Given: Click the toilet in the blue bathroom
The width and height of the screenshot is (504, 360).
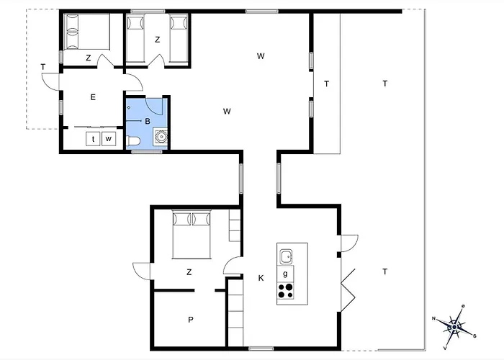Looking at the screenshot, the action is pos(133,141).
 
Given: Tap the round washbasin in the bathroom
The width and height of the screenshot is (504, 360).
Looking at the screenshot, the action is pos(161,136).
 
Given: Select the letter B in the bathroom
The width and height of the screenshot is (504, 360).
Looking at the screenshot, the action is pos(148,121).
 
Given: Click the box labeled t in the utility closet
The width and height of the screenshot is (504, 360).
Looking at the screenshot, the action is pos(93,139).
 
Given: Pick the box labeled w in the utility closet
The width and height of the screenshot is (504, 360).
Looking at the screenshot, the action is pos(109,139).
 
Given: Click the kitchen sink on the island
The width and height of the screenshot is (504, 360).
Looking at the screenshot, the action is pos(285,257).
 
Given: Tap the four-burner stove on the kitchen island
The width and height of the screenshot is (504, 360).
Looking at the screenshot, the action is pos(285,291).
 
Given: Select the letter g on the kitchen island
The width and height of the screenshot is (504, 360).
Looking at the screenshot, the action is pos(285,274).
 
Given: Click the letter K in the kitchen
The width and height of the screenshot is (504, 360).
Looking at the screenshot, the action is pos(261,278).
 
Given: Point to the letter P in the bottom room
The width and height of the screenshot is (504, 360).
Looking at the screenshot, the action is pos(191,320).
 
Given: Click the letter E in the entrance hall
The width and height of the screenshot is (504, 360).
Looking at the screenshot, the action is pos(93,97).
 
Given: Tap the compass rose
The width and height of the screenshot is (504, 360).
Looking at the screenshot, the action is pos(454,327).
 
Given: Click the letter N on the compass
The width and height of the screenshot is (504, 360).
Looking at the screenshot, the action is pos(433,318).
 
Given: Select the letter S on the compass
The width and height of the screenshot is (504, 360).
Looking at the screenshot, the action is pos(474,336).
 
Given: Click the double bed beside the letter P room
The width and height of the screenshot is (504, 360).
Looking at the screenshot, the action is pos(192,234).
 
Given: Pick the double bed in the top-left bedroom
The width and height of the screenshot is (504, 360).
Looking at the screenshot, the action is pos(87,32).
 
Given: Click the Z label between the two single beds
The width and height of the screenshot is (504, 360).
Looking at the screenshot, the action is pos(158,40).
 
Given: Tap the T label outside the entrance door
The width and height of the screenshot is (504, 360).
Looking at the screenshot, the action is pos(43,67).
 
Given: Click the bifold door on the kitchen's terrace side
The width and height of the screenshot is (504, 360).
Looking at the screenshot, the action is pos(348,290).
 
